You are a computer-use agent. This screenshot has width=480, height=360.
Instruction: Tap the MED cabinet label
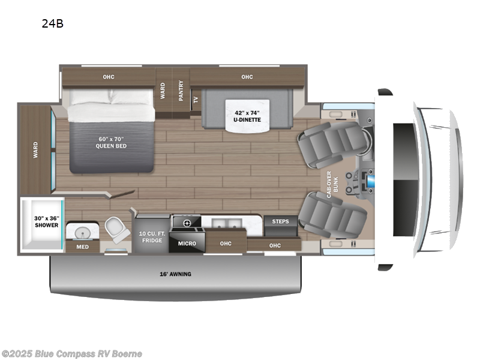pos(79,246)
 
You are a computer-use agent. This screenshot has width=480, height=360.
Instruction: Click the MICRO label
pos(187,244)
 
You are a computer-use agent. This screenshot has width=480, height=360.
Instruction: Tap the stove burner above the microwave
pos(187,223)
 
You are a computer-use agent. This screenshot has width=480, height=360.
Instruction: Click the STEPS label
pos(280,221)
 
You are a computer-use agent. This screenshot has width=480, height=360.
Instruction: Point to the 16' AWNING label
pos(175,274)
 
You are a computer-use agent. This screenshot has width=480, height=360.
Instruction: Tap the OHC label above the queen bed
pos(109,76)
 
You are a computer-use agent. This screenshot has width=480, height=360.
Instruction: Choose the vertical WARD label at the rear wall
pos(35,148)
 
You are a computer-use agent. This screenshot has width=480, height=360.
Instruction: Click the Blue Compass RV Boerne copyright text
pos(72,353)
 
